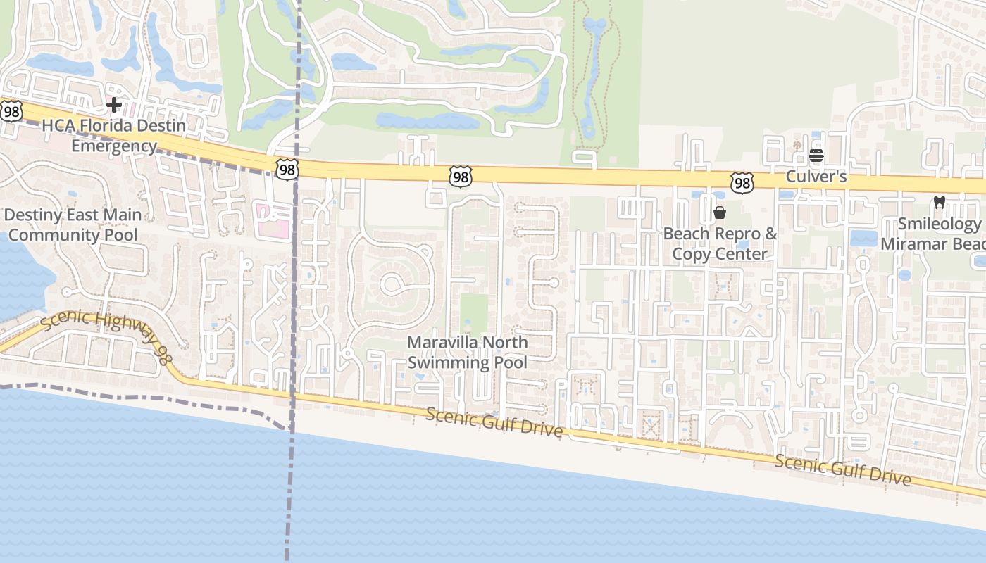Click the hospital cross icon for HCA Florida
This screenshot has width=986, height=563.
[114, 106]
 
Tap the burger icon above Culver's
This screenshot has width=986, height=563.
[816, 156]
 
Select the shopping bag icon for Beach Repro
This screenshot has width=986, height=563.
[720, 213]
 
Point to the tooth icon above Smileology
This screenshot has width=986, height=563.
[939, 202]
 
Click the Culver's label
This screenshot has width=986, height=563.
[816, 177]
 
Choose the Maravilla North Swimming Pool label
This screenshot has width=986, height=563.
[468, 353]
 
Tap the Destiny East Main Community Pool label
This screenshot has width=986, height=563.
[73, 224]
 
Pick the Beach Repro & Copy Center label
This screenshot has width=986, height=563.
[720, 243]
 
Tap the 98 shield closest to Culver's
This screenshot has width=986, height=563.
[742, 184]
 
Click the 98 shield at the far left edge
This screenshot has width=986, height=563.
[11, 110]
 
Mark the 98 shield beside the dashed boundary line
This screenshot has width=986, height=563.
[287, 170]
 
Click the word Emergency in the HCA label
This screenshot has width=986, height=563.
[114, 146]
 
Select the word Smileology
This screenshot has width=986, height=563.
[939, 224]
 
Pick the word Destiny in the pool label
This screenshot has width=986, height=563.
[34, 215]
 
